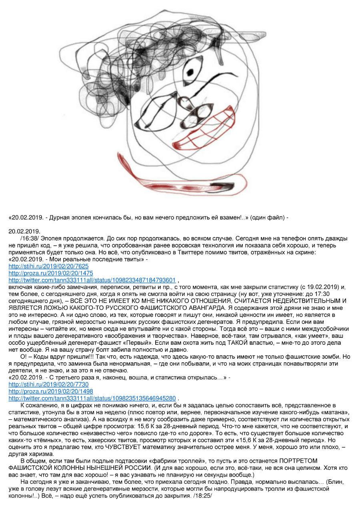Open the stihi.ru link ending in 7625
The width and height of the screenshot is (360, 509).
(48, 265)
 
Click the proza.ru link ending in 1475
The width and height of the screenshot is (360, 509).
(51, 273)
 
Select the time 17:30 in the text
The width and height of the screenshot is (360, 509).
(340, 293)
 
